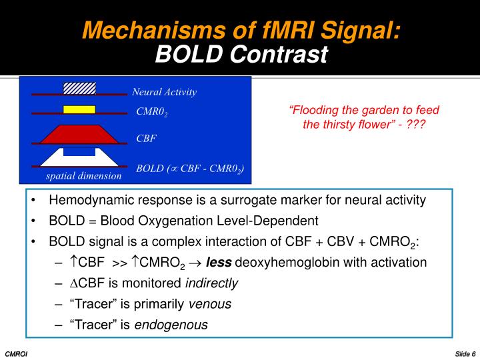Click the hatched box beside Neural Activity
[79, 88]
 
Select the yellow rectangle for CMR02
[79, 109]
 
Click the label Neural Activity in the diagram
[164, 92]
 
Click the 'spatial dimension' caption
[84, 176]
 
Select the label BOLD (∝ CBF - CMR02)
[190, 168]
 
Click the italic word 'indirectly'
[213, 283]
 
